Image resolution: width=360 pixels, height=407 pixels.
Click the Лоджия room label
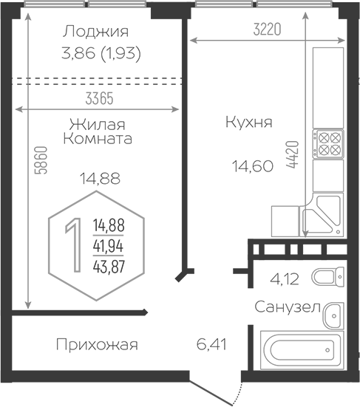[x=95, y=32]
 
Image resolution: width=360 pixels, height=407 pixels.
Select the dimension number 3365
[x=100, y=99]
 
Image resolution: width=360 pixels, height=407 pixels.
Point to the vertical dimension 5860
[x=41, y=160]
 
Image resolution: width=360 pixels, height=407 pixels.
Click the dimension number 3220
[x=267, y=29]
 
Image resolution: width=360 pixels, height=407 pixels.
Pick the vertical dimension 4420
[x=293, y=154]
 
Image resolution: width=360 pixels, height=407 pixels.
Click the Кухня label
[x=249, y=122]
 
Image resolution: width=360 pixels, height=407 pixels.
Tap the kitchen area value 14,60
[x=253, y=166]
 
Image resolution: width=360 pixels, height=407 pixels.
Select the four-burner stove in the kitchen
[x=328, y=143]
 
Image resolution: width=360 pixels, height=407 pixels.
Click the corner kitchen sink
[x=322, y=215]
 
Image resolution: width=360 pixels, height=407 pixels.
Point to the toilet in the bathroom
[x=327, y=277]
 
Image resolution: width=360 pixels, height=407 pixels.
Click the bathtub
[x=302, y=350]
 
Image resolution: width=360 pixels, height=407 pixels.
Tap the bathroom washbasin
[x=333, y=315]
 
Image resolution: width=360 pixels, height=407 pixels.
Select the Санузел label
[x=288, y=307]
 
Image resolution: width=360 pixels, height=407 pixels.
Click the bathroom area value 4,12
[x=285, y=279]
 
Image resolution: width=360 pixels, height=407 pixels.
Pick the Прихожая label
[x=97, y=345]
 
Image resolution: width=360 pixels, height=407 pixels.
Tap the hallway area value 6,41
[x=211, y=344]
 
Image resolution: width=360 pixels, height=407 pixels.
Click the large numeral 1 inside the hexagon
[x=74, y=245]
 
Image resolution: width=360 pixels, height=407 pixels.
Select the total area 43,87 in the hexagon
[x=109, y=267]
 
